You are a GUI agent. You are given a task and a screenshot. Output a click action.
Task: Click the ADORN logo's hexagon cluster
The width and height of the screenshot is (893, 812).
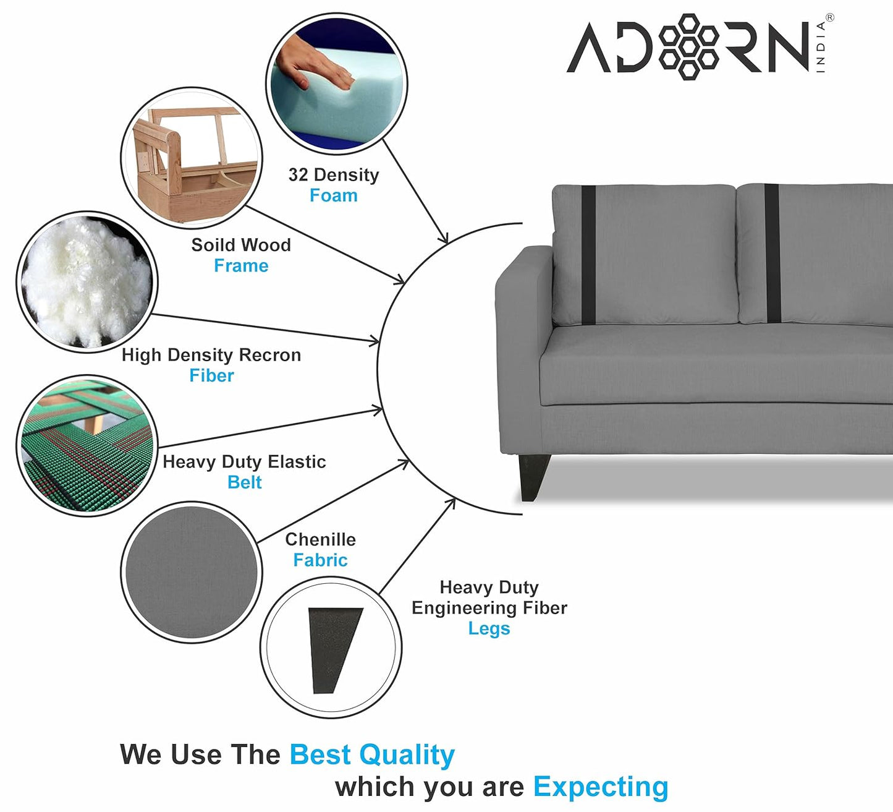tap(688, 47)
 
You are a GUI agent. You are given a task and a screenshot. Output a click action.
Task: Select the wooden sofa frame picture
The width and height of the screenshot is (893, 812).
tap(192, 158)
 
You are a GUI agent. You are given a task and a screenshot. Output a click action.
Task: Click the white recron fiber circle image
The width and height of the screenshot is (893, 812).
tap(87, 282)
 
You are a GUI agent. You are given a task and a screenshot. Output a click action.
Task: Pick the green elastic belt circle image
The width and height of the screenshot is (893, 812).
tap(87, 445)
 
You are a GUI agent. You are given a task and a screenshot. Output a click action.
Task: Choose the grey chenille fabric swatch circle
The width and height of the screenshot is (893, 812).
tap(192, 572)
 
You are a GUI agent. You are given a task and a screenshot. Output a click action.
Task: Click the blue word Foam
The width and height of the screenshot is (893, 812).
tap(334, 195)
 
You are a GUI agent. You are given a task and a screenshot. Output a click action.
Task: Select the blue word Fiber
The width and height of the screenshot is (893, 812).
tap(211, 375)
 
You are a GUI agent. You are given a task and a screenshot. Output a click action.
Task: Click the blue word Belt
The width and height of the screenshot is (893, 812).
tap(244, 482)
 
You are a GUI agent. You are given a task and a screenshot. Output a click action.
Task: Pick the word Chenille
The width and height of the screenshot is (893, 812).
tap(321, 539)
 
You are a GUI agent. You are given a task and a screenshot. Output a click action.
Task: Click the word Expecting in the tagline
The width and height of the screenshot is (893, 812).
tap(601, 787)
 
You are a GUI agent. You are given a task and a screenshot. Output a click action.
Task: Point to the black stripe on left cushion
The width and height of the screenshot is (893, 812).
tap(588, 255)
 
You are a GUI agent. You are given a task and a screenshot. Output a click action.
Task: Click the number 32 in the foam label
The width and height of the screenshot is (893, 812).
tap(298, 174)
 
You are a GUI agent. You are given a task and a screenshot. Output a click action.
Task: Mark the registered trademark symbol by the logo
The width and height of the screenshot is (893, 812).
tap(830, 18)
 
